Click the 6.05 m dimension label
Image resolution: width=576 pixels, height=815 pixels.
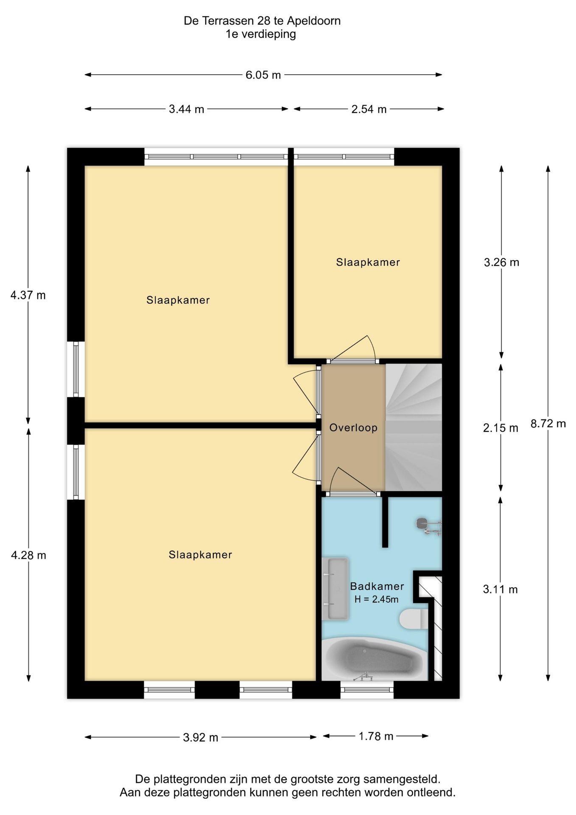pos(263,75)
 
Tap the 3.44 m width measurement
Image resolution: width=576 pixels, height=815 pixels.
pos(186,110)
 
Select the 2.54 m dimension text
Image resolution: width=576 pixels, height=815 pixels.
pos(369,110)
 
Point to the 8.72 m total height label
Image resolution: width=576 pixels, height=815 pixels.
pos(548,423)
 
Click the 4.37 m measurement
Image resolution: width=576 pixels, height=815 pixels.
pos(28,295)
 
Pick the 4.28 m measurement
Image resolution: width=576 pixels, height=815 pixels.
pos(28,555)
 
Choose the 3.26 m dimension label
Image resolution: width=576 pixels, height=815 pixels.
pos(501,262)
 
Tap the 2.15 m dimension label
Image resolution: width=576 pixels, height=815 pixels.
pos(501,428)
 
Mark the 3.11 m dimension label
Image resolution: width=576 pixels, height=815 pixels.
pos(500,589)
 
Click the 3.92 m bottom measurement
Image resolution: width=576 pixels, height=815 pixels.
pos(201,737)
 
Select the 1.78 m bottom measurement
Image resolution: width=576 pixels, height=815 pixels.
pos(376,736)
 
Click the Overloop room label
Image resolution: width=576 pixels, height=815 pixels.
pos(353,427)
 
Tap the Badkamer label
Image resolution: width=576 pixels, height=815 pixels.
pos(377,586)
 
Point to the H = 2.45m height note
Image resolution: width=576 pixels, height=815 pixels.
pos(376,599)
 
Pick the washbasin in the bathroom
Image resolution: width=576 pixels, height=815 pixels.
pos(335,588)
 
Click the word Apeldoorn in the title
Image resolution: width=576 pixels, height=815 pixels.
pos(314,21)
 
